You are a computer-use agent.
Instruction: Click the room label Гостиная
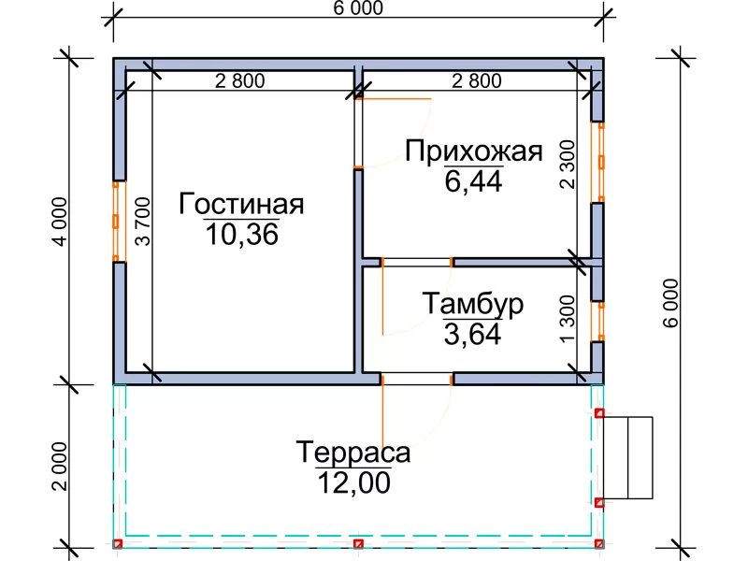[241, 204]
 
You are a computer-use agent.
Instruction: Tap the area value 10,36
[242, 235]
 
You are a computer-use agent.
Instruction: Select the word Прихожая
[474, 151]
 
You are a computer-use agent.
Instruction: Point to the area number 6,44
[473, 181]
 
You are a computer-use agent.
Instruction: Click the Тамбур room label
[473, 304]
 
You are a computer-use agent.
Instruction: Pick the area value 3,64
[473, 334]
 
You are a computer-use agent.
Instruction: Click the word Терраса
[353, 453]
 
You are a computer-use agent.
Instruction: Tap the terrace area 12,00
[353, 482]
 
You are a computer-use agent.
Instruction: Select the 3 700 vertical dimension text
[143, 222]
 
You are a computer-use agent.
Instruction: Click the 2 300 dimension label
[568, 165]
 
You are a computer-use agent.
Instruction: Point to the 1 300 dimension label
[568, 319]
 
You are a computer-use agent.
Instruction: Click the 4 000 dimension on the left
[61, 222]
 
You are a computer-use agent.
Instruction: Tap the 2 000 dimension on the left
[61, 467]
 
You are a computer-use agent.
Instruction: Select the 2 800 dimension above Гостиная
[240, 81]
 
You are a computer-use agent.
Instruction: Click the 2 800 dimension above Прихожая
[477, 81]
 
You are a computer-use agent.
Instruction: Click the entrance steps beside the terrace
[627, 458]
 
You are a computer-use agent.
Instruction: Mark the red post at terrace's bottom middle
[358, 544]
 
